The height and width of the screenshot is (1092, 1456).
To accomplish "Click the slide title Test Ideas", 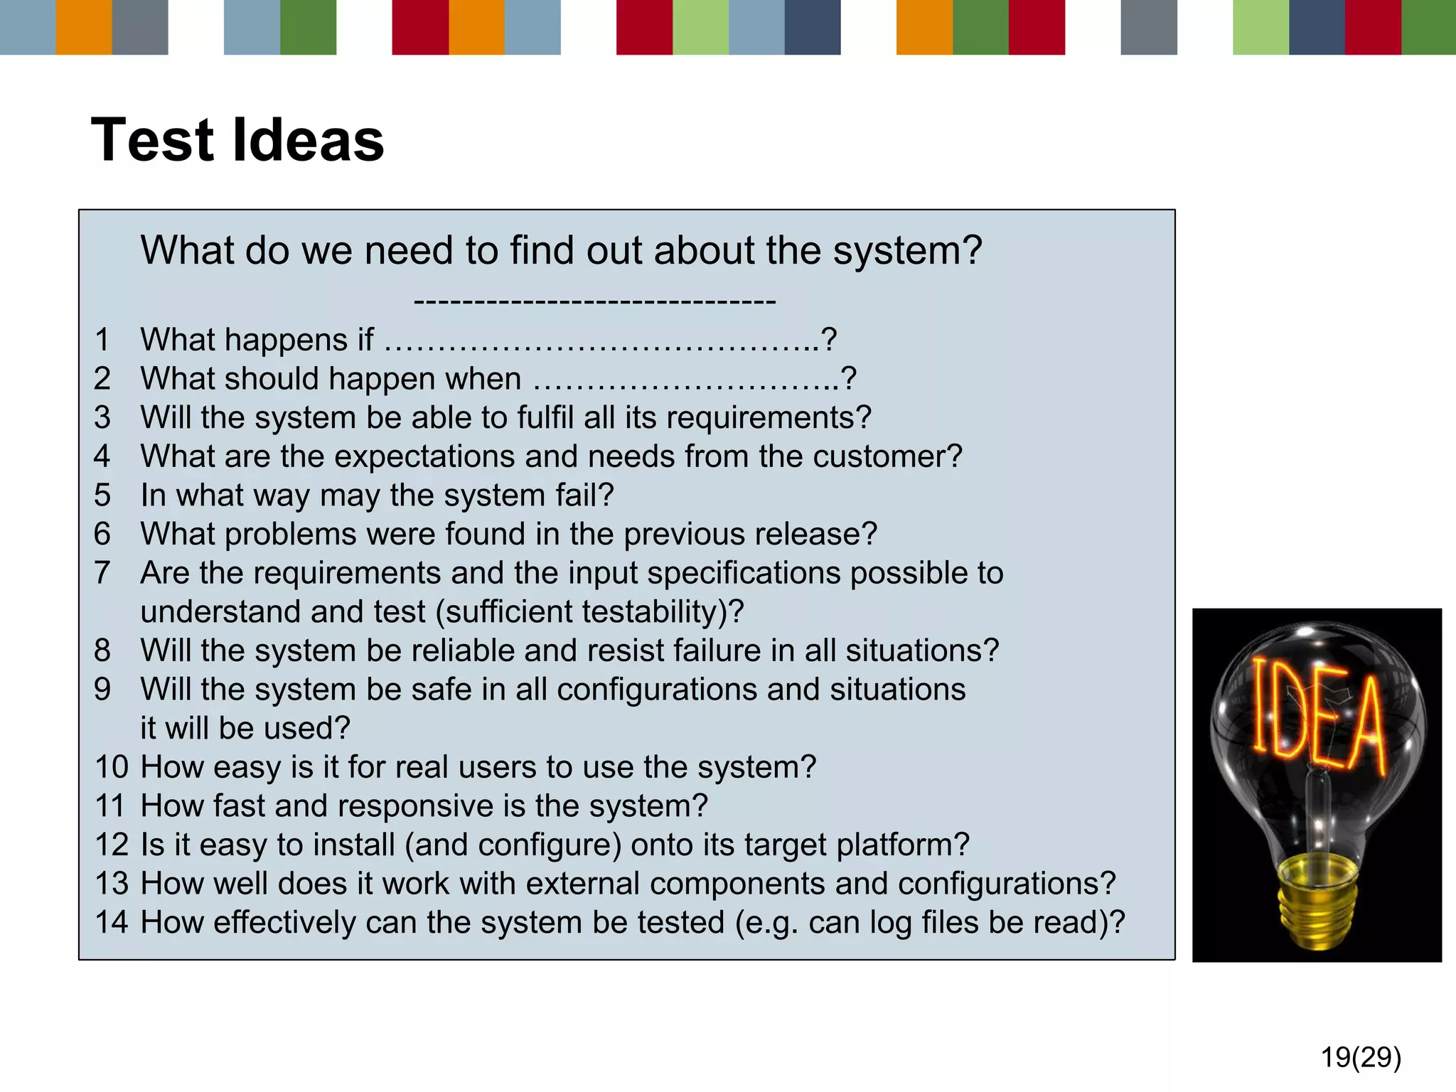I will [x=237, y=140].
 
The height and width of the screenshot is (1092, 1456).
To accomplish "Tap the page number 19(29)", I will [x=1360, y=1057].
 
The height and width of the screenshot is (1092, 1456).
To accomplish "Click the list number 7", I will [x=102, y=573].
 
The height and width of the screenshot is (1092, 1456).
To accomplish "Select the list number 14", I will [x=112, y=922].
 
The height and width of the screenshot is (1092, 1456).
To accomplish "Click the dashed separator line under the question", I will [x=594, y=301].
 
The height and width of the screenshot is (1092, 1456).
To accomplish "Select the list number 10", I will [x=112, y=767].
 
